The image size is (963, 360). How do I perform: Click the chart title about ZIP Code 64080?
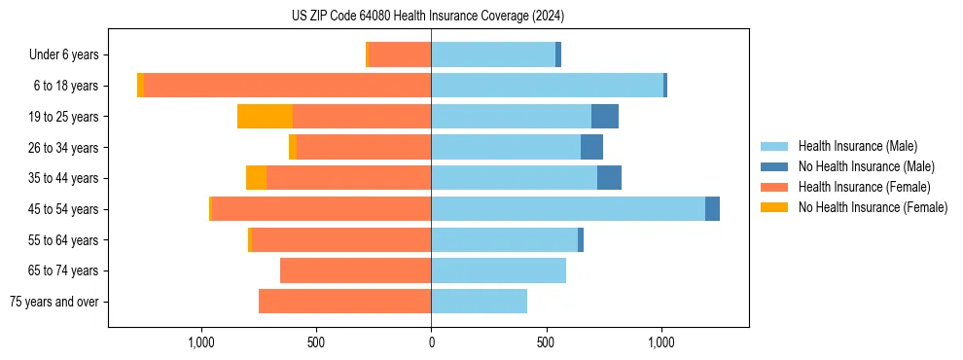tap(428, 17)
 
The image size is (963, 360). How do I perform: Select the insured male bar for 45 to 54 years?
tap(568, 209)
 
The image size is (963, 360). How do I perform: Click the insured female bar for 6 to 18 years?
tap(287, 86)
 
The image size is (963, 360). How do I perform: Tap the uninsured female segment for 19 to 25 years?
tap(266, 117)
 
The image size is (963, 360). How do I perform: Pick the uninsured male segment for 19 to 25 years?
tap(605, 117)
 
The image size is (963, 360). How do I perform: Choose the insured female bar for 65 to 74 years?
tap(355, 270)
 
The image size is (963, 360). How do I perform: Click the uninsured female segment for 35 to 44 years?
tap(256, 178)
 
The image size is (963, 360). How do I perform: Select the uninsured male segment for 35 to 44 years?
tap(609, 178)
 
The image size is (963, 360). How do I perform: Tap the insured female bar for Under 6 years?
tap(400, 55)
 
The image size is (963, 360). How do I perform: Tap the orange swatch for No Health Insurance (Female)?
tap(775, 207)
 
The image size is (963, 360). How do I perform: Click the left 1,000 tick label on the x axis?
tap(201, 342)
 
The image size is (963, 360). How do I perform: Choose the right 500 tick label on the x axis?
tap(547, 342)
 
